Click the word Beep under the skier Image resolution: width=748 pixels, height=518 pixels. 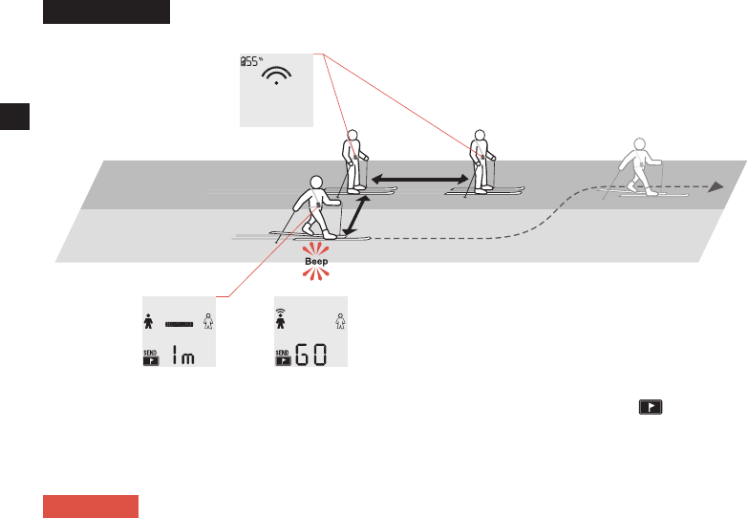point(315,260)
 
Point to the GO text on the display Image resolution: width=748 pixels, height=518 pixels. point(309,357)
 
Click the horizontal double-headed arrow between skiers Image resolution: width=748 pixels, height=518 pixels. point(421,178)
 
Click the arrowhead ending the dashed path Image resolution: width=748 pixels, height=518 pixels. point(715,188)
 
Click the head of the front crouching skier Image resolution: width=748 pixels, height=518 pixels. point(317,183)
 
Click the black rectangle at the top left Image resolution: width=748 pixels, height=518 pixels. point(106,12)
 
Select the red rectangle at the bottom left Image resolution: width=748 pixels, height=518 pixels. point(91,506)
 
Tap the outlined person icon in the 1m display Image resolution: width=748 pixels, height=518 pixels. point(208,322)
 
